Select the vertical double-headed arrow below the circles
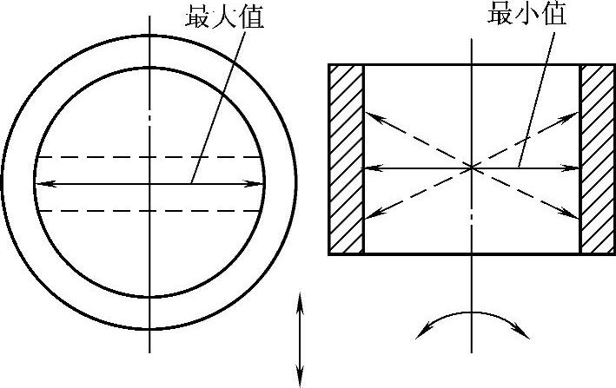click(300, 339)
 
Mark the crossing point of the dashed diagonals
click(472, 167)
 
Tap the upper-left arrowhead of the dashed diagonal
click(369, 114)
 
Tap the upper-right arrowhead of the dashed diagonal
click(574, 114)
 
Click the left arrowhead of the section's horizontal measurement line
click(369, 167)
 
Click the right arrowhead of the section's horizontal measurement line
click(574, 167)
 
